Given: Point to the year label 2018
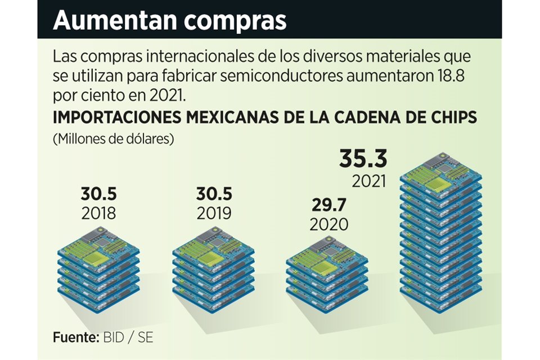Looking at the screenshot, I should coord(98,214).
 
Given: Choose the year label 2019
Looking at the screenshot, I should coord(214,214).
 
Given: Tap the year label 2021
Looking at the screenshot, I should coord(370,182).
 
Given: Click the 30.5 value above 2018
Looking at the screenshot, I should coord(98,194).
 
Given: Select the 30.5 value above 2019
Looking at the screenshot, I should coord(214,194).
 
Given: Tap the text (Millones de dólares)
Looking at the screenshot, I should coord(112,138).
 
